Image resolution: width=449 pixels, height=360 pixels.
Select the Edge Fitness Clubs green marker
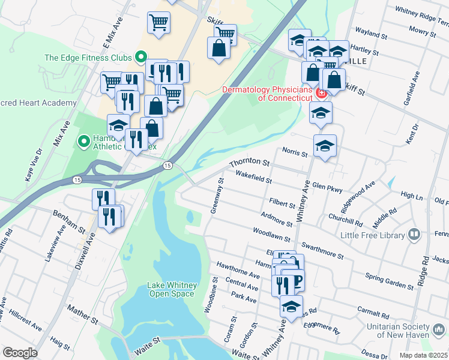(x=141, y=58)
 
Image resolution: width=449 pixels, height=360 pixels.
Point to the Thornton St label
(x=249, y=162)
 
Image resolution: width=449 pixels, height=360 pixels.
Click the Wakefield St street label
(x=253, y=176)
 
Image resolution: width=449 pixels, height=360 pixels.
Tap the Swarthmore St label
(x=322, y=250)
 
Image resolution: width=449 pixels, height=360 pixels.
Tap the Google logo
(x=20, y=353)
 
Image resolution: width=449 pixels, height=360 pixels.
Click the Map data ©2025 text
(x=423, y=355)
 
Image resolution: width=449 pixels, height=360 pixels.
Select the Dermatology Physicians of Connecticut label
(x=267, y=94)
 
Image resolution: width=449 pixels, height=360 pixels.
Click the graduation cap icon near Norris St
(x=325, y=145)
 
